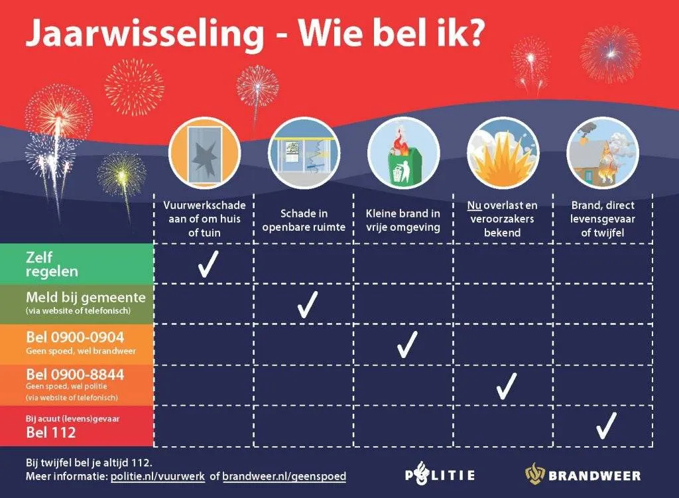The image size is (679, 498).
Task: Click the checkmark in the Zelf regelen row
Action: pos(208,264)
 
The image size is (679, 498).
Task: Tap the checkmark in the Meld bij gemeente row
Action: pos(307,304)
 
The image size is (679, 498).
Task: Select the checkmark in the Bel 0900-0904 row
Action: pos(406,345)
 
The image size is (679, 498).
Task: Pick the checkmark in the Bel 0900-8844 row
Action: pos(506,385)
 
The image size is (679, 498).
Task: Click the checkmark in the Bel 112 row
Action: pos(605,425)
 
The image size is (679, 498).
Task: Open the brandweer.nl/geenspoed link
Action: pos(284,477)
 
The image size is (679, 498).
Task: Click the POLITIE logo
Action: pos(440,475)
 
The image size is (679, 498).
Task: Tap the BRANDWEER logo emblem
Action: pos(535,474)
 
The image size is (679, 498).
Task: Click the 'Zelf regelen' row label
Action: pos(52,264)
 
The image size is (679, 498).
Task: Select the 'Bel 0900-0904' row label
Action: pos(75,337)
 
